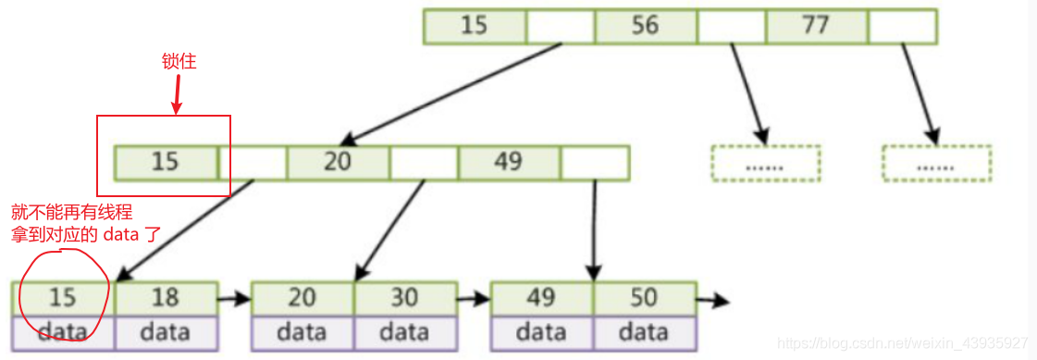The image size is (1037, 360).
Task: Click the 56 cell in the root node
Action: point(646,25)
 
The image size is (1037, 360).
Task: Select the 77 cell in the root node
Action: point(817,25)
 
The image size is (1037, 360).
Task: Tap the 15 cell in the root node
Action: point(475,25)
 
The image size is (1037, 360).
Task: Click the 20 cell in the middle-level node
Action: point(338,162)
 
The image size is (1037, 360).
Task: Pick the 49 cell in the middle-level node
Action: point(509,162)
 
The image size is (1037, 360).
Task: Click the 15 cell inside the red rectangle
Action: point(166,162)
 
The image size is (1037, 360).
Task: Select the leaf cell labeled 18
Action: point(166,298)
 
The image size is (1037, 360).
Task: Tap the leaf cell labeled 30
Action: point(404,298)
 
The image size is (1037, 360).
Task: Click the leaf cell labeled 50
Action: point(644,298)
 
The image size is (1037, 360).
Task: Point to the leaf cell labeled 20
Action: point(302,298)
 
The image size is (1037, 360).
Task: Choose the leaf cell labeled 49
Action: point(541,298)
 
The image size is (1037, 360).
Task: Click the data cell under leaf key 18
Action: point(166,331)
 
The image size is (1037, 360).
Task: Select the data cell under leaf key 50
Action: point(644,331)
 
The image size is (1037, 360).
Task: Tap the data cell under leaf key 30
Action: point(404,331)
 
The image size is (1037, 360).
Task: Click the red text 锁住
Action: point(179,63)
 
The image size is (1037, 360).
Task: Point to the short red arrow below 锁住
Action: point(176,95)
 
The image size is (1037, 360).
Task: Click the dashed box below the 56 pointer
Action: point(766,162)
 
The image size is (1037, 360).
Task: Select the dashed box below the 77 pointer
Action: point(936,162)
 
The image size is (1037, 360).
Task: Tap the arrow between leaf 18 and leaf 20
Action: point(234,299)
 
